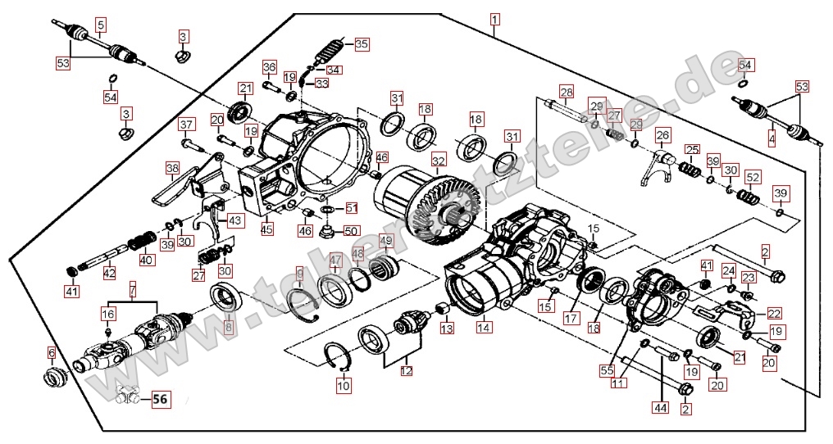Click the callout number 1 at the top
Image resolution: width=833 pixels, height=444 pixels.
click(494, 17)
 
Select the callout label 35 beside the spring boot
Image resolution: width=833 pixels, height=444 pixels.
click(362, 43)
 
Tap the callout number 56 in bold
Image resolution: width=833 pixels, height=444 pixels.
click(160, 400)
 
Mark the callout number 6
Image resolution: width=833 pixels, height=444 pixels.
click(51, 352)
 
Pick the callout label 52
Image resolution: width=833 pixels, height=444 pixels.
click(753, 176)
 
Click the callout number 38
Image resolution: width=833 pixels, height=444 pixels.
click(172, 169)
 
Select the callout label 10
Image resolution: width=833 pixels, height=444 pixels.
click(343, 384)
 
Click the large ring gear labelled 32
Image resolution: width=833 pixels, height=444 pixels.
click(435, 209)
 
